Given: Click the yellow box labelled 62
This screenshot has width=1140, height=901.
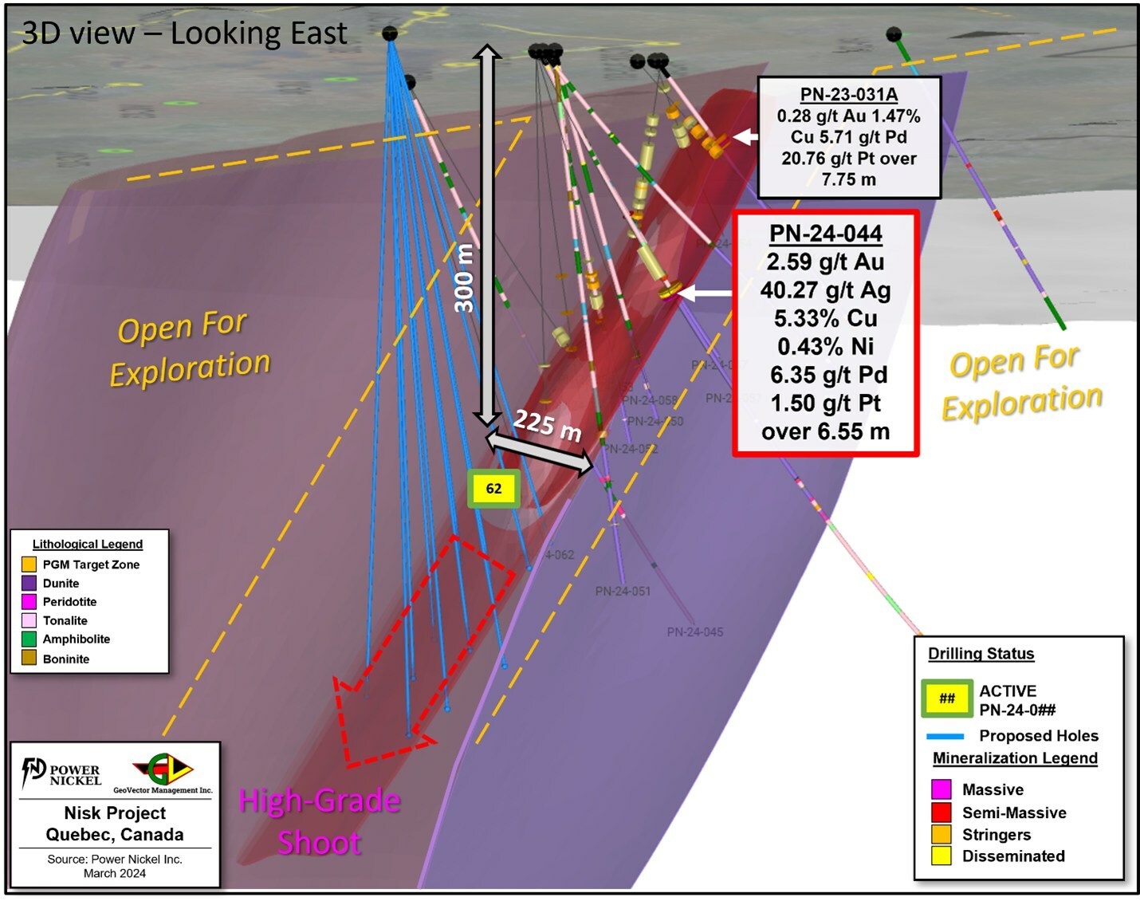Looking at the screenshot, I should pos(493,489).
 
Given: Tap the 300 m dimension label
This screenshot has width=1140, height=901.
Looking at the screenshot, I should pos(464,278).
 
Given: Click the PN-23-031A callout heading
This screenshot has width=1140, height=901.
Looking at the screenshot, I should pos(849,94).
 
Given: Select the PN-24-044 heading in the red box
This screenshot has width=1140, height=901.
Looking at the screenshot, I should pos(825,234).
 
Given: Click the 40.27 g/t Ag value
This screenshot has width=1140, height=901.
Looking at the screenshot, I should pos(825,290).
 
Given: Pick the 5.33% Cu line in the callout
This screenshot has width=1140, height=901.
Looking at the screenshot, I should pos(825,318).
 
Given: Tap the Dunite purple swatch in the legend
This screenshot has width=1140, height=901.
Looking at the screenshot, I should pos(29,583).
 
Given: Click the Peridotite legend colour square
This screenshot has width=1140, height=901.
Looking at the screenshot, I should pos(29,601).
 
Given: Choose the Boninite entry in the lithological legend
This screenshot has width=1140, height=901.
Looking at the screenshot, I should pos(65,659).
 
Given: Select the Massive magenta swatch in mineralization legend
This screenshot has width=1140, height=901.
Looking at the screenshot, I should pos(941,789).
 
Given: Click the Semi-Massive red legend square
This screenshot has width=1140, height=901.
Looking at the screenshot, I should pos(941,812).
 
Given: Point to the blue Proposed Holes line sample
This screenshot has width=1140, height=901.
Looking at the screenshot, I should pos(945,736).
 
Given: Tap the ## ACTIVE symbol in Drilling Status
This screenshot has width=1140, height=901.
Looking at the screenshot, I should pos(947,698).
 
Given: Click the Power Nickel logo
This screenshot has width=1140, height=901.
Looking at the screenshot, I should pos(61,773).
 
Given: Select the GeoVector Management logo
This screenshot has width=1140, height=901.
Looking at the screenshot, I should pos(163,772).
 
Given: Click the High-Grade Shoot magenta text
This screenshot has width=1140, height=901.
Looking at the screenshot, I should pos(320,821).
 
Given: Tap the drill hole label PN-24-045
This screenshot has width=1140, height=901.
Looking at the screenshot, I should pos(695,632).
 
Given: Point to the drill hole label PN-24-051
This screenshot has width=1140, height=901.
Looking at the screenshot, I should pos(623,591).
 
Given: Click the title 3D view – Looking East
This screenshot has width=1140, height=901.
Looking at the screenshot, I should pos(184,33).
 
